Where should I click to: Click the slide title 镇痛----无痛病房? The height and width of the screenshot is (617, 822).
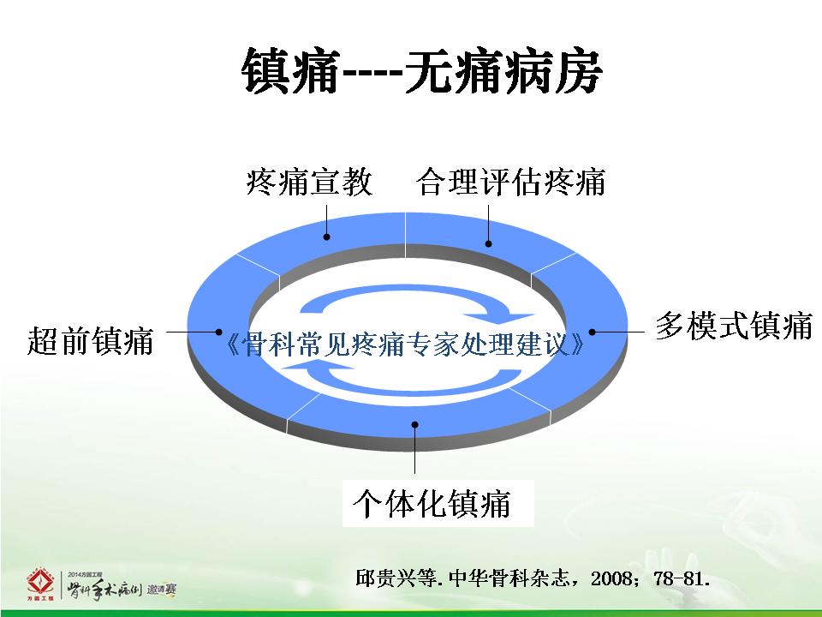[422, 71]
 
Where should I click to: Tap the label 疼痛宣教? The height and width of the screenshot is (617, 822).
[309, 182]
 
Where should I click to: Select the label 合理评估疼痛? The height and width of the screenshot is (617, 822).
[511, 182]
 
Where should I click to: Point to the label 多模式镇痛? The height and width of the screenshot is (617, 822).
[734, 326]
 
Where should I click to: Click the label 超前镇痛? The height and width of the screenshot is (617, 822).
[90, 340]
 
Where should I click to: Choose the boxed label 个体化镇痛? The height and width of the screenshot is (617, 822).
[432, 503]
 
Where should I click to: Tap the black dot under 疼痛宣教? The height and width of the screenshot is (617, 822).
[326, 237]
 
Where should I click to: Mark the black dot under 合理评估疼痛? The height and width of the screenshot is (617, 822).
[489, 243]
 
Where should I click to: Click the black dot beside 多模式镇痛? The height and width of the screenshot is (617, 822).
[592, 332]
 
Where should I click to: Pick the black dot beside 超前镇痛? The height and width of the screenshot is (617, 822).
[218, 332]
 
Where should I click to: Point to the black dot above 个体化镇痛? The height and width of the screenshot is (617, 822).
[414, 424]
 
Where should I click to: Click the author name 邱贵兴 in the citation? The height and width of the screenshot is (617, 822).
[379, 578]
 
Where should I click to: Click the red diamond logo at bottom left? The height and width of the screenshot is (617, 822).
[40, 582]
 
